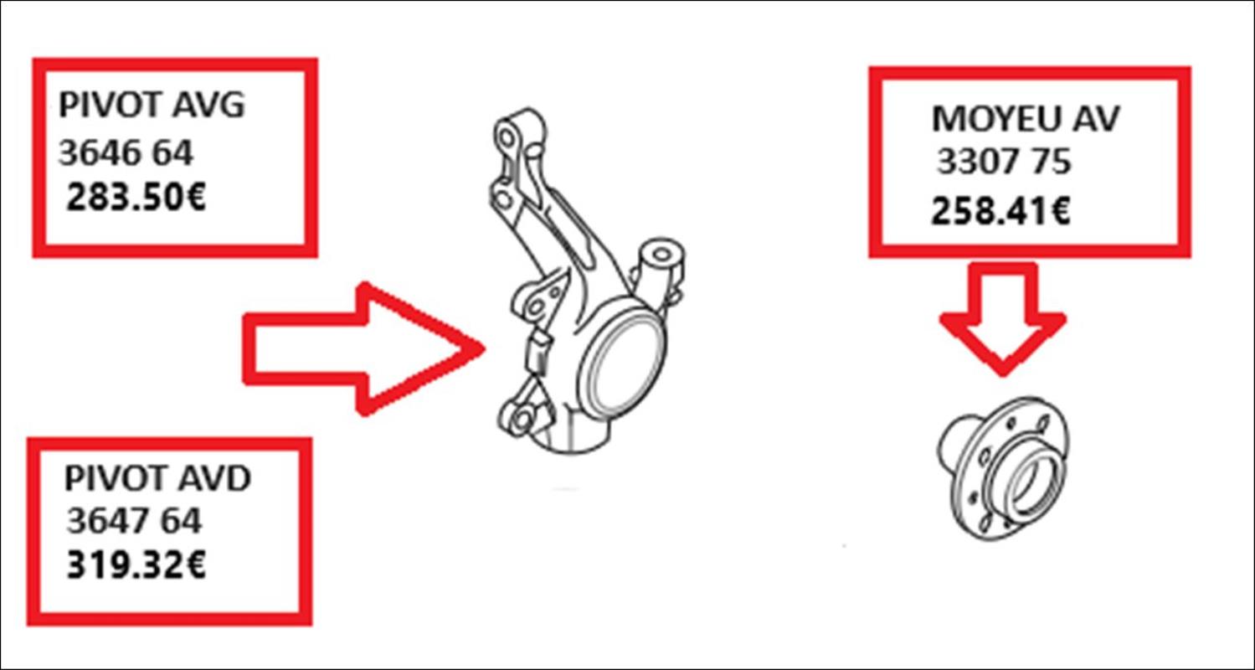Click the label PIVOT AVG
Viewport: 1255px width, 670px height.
[x=152, y=105]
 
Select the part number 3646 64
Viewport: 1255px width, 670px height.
[x=126, y=153]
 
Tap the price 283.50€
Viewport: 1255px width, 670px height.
[x=136, y=198]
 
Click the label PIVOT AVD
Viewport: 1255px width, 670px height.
[x=157, y=478]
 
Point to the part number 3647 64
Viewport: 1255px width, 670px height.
[x=134, y=522]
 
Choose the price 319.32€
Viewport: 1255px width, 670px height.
[x=136, y=564]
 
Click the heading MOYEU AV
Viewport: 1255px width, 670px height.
[x=1026, y=119]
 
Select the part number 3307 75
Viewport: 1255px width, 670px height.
[x=1004, y=162]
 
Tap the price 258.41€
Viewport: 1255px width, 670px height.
[x=1000, y=211]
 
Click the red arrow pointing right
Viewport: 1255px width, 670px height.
[x=363, y=349]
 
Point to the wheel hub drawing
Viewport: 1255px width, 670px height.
[x=1003, y=468]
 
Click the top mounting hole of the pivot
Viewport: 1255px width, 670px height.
[x=507, y=137]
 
